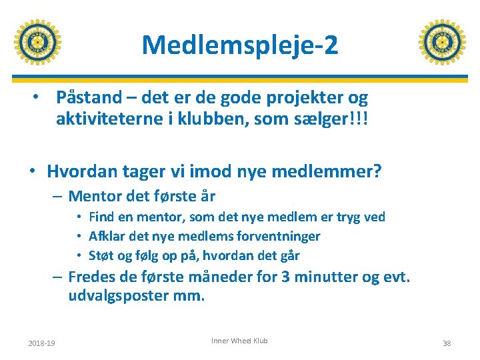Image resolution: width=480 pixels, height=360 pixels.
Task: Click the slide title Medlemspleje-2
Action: [240, 45]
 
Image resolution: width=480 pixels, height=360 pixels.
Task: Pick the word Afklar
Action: [107, 236]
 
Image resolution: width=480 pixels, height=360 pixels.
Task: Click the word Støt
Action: [102, 255]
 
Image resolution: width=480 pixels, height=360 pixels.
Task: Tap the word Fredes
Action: [92, 277]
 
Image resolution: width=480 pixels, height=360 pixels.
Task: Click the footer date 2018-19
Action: [41, 343]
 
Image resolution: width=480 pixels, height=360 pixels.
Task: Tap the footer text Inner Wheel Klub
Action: [239, 341]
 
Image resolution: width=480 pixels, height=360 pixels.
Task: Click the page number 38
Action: [446, 343]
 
